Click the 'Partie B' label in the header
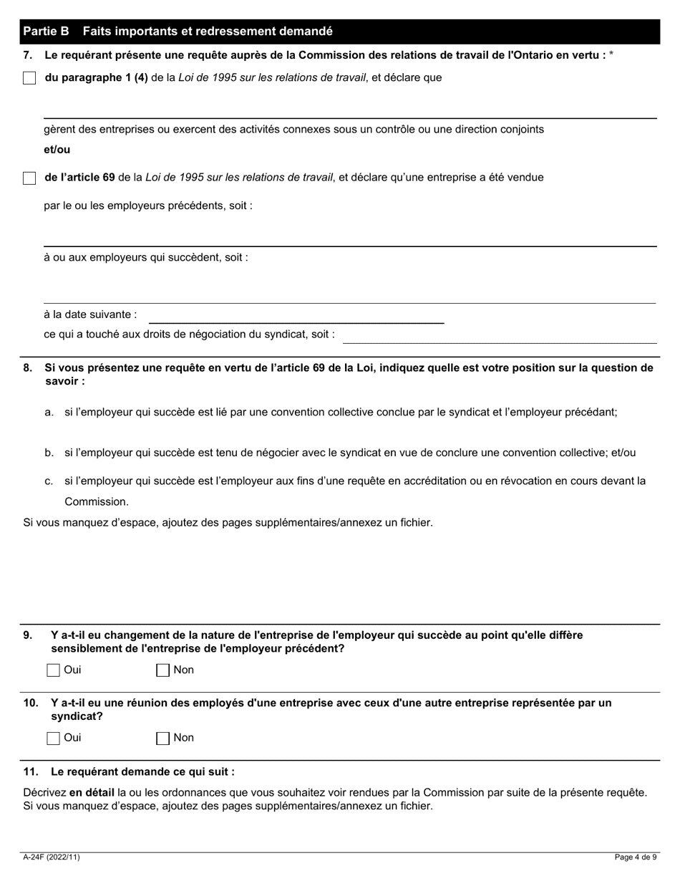[x=46, y=32]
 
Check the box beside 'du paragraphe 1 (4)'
[x=29, y=78]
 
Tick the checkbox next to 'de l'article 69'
[x=29, y=178]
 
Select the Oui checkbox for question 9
[x=53, y=670]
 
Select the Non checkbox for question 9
[x=162, y=670]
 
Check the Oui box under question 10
[x=53, y=738]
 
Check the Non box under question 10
[x=162, y=738]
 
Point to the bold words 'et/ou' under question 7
[x=57, y=150]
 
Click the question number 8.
[x=28, y=368]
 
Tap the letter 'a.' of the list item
[x=49, y=413]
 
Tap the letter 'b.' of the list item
[x=49, y=453]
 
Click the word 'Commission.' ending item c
[x=97, y=501]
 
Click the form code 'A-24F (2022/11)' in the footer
[x=48, y=857]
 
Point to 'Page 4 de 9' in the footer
[x=636, y=857]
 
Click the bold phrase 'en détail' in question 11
[x=92, y=793]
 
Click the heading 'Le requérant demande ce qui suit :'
[x=142, y=772]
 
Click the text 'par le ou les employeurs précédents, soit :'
[x=148, y=206]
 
